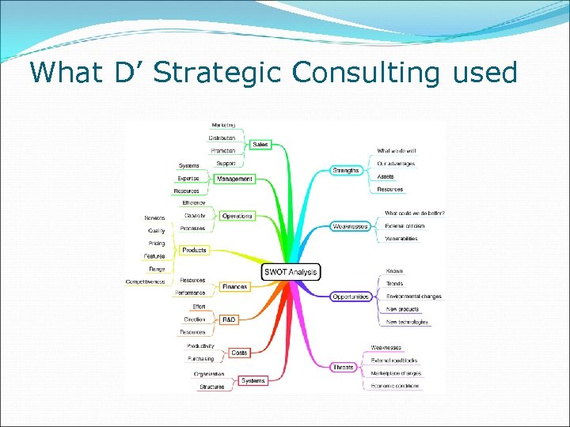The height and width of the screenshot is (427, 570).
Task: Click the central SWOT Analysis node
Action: point(291,272)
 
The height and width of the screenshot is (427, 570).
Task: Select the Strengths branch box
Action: point(345,170)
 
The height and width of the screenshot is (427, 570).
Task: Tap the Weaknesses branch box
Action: point(350,226)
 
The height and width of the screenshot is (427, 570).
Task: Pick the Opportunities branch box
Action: point(351,297)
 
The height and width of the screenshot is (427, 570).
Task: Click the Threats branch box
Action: point(344,367)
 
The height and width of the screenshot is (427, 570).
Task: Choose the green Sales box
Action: point(260,145)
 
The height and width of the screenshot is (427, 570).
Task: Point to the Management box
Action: point(234,179)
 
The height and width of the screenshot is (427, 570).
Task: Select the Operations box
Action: point(237,216)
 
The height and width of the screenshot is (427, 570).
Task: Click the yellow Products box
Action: point(194,250)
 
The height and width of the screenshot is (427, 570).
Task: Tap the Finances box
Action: point(234,286)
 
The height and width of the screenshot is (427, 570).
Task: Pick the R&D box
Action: point(228,319)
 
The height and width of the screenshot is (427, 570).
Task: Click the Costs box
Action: point(239,353)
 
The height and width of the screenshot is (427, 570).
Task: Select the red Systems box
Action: point(253,380)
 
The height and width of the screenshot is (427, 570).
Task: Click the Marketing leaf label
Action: point(222,125)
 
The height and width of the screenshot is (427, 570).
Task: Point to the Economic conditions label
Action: point(396,386)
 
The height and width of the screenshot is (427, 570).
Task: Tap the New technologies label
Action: point(407,322)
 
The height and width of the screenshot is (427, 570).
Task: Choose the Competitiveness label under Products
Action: point(145,282)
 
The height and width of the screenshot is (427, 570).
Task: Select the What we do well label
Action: point(396,150)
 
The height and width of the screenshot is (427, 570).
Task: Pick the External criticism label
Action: point(405,225)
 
